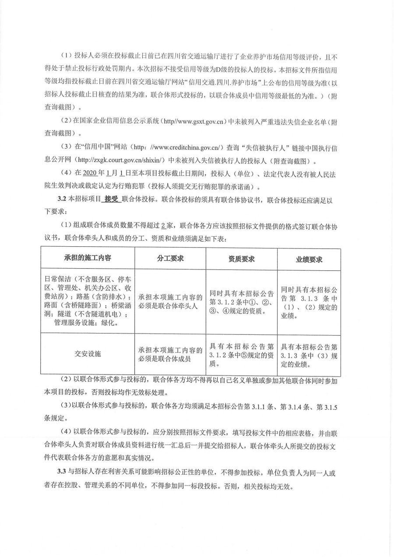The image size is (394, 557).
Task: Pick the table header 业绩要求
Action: click(309, 259)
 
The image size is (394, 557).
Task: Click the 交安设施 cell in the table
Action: click(87, 354)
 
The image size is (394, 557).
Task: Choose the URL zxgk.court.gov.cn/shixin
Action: click(115, 161)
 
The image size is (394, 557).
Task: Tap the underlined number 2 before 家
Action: click(163, 225)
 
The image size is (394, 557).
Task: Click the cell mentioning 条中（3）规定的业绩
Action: click(309, 354)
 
